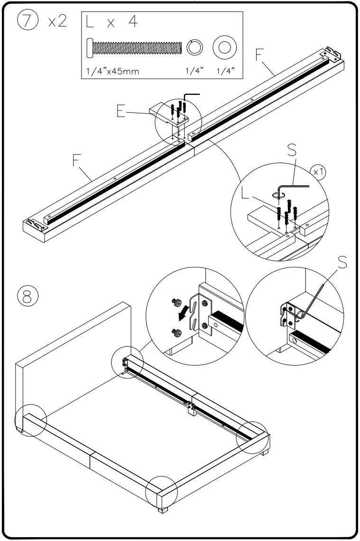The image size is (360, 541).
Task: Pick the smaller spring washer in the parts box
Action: (195, 48)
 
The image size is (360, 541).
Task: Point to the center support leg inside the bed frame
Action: (193, 410)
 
